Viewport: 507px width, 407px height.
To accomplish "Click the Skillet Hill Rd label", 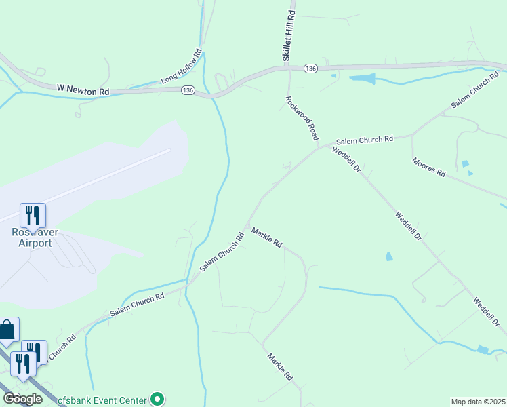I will tap(290, 36).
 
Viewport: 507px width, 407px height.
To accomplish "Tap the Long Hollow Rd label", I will tap(182, 66).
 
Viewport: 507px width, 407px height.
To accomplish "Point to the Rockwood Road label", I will tap(302, 118).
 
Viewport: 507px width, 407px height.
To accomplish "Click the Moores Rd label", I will tap(428, 167).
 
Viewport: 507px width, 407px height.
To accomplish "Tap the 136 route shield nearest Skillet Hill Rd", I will tap(310, 69).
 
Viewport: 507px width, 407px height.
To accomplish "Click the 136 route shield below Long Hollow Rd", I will tap(188, 90).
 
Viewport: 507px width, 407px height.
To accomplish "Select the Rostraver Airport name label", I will tap(32, 237).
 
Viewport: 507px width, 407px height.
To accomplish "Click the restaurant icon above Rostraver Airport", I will tap(33, 215).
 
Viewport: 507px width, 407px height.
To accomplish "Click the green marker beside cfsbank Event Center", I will tap(157, 399).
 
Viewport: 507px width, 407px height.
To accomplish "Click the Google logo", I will tap(22, 399).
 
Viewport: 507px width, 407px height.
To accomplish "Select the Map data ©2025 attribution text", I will tap(477, 402).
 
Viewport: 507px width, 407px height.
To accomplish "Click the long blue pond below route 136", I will tap(362, 79).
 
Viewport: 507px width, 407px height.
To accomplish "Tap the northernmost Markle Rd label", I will tap(266, 237).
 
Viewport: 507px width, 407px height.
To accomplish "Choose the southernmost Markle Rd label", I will tap(279, 366).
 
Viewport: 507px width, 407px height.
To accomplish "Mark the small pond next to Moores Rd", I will tap(464, 164).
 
